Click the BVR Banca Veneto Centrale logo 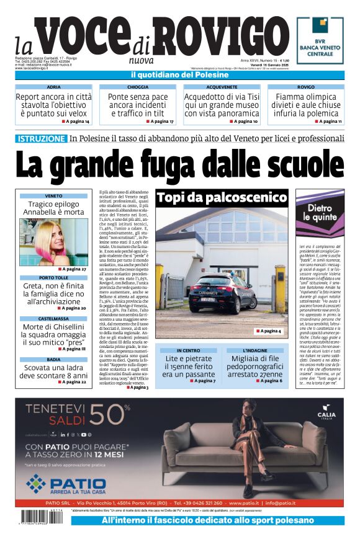[x=320, y=40]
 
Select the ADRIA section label [x=53, y=87]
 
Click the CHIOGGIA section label [x=137, y=87]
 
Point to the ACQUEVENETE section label [x=222, y=87]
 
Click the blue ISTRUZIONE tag [x=41, y=138]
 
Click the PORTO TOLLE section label [x=53, y=260]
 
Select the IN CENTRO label [x=188, y=350]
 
